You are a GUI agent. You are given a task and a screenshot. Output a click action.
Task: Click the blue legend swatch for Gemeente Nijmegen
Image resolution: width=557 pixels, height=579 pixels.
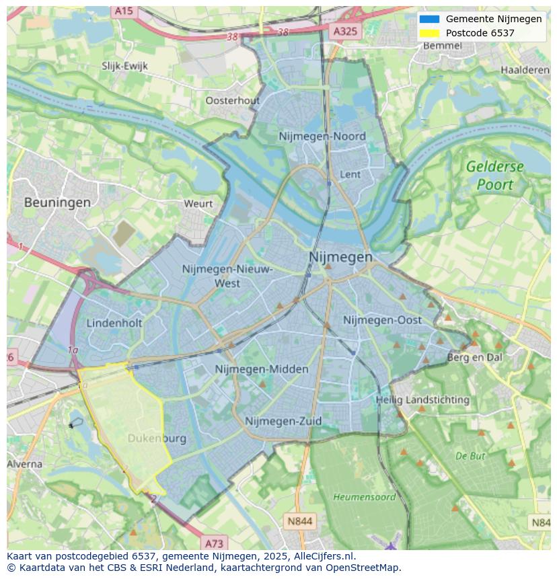point(429,19)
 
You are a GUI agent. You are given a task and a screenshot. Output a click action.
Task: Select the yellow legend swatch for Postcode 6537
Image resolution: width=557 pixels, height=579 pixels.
point(429,33)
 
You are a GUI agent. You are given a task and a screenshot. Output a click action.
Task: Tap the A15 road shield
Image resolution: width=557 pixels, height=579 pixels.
point(123,11)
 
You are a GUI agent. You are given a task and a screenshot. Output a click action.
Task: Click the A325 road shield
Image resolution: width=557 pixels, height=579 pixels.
point(346,31)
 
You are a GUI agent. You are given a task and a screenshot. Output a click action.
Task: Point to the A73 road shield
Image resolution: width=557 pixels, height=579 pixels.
point(214,543)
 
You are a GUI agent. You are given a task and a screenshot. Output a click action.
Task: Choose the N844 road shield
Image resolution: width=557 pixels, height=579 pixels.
point(299,521)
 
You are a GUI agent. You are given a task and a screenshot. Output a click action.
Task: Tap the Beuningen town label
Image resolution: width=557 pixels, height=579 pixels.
point(57,202)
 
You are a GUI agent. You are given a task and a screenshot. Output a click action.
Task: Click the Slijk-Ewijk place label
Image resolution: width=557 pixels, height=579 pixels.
point(124,66)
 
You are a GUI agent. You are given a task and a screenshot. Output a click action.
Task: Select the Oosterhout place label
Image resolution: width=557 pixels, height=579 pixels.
point(232,100)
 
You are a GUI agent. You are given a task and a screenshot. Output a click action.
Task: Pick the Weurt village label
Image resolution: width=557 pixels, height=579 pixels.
point(198,203)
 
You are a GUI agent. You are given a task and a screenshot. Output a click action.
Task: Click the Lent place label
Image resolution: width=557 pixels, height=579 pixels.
point(350,174)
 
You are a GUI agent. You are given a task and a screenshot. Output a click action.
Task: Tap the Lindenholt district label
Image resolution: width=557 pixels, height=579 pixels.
point(114,323)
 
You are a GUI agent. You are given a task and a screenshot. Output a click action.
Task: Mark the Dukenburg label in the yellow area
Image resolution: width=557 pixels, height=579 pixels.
point(157,438)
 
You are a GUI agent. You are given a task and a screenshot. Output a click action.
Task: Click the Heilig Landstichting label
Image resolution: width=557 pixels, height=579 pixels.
point(422,399)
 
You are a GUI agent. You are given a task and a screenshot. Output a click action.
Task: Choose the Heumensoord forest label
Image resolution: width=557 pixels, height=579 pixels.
point(365,497)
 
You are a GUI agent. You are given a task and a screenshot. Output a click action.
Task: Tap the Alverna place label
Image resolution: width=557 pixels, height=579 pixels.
point(24,464)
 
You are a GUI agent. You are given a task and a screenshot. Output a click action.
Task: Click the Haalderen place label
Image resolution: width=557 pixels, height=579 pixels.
point(525,70)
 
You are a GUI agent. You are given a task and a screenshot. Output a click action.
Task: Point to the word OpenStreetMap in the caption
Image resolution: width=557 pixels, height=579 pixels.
point(359,568)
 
